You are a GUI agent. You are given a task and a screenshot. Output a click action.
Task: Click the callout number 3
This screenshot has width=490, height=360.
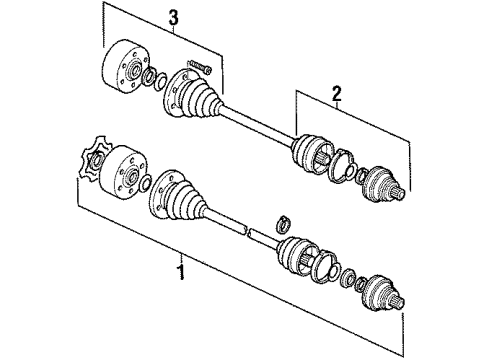[x=173, y=18]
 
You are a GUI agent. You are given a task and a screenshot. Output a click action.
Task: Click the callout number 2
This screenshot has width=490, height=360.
[x=337, y=93]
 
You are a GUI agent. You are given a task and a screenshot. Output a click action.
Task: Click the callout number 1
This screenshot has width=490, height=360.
[x=181, y=272]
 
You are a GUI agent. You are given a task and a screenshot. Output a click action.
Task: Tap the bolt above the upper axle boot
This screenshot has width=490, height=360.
[x=200, y=66]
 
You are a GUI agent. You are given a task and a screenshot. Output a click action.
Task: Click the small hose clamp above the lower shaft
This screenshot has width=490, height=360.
[x=283, y=224]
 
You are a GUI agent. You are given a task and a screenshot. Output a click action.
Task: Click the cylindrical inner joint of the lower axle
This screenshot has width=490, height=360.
[x=123, y=173]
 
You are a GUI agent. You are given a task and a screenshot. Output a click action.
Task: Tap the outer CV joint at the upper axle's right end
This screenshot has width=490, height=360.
[x=383, y=184]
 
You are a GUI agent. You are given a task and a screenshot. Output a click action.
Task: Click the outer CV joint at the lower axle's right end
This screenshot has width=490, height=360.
[x=383, y=293]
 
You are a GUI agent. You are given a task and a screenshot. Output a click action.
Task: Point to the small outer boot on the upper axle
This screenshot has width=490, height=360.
[x=312, y=153]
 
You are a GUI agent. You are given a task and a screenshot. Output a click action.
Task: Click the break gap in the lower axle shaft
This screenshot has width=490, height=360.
[x=248, y=230]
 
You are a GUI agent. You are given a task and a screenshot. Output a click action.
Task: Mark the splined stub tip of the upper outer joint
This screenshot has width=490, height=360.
[x=400, y=193]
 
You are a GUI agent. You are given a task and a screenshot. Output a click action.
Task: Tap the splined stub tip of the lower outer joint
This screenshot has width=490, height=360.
[x=399, y=302]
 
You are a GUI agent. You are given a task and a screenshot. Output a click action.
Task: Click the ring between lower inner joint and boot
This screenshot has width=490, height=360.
[x=145, y=184]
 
